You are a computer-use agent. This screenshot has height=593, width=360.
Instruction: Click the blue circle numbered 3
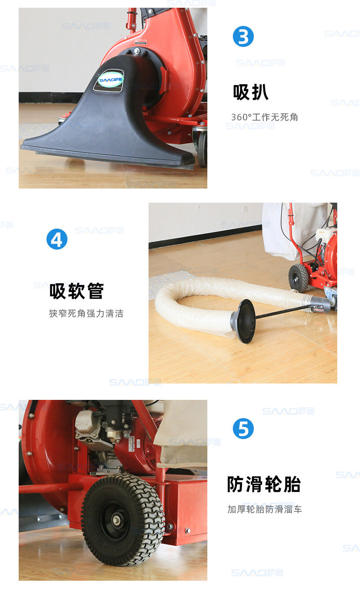click(243, 36)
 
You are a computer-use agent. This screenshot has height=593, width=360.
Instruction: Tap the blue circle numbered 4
click(57, 239)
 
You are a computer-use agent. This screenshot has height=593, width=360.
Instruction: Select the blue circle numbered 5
click(243, 428)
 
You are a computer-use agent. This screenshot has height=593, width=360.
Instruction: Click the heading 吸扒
click(251, 92)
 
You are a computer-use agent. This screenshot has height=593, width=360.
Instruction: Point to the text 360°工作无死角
click(265, 117)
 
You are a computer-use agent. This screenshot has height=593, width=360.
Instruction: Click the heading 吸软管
click(77, 291)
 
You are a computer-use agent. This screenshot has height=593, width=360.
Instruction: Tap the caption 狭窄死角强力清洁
click(86, 313)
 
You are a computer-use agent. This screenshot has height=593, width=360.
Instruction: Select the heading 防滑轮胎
click(264, 484)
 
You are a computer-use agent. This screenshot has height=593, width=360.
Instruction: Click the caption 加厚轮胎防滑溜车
click(265, 509)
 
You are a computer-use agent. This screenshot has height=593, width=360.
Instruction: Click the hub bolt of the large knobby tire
click(117, 520)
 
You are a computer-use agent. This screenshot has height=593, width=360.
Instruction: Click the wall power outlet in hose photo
click(245, 209)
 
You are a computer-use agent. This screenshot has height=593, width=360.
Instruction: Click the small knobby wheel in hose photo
click(298, 278)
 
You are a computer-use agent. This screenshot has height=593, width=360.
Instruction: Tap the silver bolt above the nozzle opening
click(137, 50)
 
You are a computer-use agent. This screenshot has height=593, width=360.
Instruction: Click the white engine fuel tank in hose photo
click(325, 234)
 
